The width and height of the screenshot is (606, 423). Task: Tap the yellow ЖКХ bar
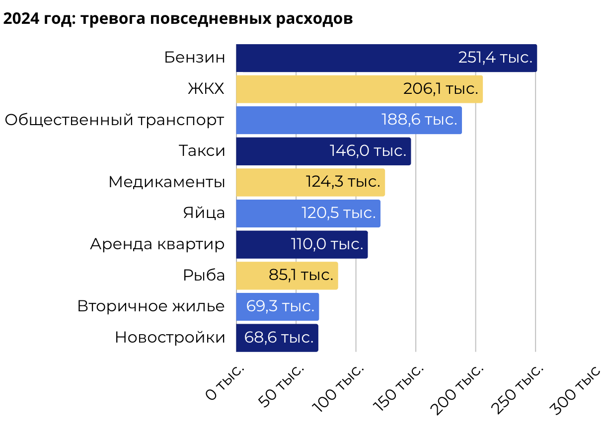pos(318,89)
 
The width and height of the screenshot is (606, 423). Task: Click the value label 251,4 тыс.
pos(495,58)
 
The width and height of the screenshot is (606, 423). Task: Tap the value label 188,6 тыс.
pos(419,120)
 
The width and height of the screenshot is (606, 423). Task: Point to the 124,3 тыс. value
pos(343,182)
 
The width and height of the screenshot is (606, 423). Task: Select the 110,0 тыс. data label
pos(327,244)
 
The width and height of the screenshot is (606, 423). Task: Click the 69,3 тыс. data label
pos(280,306)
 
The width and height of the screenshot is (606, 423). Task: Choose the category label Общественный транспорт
pos(115,120)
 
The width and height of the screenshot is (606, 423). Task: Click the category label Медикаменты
pos(167,182)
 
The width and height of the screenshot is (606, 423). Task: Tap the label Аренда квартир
pos(157,244)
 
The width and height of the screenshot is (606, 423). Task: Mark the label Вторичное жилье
pos(151,306)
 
